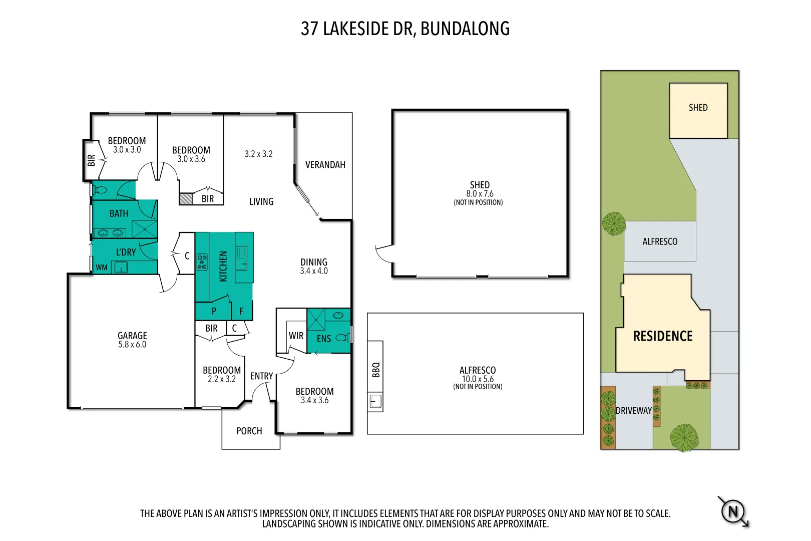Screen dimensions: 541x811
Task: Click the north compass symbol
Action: pyautogui.click(x=733, y=511)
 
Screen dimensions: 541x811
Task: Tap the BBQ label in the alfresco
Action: pyautogui.click(x=376, y=369)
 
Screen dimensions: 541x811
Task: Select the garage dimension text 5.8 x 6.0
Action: pyautogui.click(x=132, y=345)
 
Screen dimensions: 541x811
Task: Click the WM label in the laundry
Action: pyautogui.click(x=102, y=267)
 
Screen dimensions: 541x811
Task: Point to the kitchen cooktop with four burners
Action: pyautogui.click(x=202, y=262)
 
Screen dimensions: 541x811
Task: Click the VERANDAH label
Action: pyautogui.click(x=325, y=165)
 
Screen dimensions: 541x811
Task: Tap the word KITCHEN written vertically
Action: pyautogui.click(x=223, y=266)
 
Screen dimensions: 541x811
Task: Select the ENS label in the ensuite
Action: pyautogui.click(x=323, y=339)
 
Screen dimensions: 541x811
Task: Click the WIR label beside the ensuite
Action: pyautogui.click(x=296, y=336)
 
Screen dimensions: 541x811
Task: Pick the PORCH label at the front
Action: pyautogui.click(x=249, y=431)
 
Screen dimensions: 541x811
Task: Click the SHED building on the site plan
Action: pyautogui.click(x=698, y=110)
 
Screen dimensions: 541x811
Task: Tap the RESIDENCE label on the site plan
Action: pyautogui.click(x=662, y=336)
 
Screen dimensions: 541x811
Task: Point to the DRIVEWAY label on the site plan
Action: pyautogui.click(x=633, y=410)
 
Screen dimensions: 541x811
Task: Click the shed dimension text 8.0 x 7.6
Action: pyautogui.click(x=480, y=194)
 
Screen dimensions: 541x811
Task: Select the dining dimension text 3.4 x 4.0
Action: pyautogui.click(x=314, y=271)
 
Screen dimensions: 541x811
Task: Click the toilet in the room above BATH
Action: pyautogui.click(x=100, y=190)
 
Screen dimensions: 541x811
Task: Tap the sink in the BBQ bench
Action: pyautogui.click(x=375, y=401)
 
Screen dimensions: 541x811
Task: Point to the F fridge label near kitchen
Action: pyautogui.click(x=241, y=311)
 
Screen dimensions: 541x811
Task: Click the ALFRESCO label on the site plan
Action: pyautogui.click(x=659, y=241)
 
